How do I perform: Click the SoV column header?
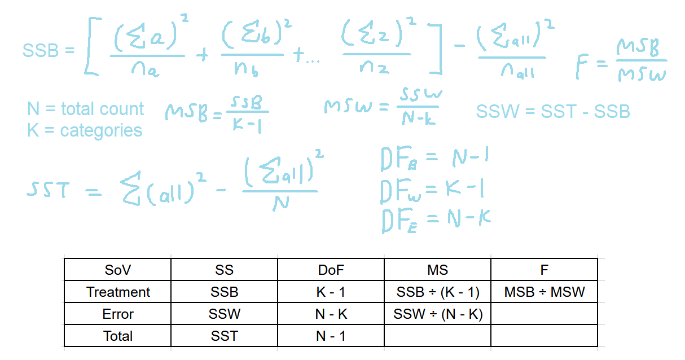click(117, 270)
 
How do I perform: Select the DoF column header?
click(331, 270)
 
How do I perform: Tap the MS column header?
click(437, 270)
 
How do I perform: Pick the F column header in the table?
click(544, 270)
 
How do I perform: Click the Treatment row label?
click(117, 292)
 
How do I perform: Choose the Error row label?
click(117, 314)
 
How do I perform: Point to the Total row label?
click(117, 336)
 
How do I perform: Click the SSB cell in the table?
click(224, 292)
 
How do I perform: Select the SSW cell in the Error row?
click(224, 314)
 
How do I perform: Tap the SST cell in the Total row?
click(224, 336)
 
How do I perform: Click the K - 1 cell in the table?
click(331, 292)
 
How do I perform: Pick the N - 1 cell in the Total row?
click(331, 336)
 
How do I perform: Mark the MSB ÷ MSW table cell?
click(544, 292)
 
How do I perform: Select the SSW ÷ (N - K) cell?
click(437, 314)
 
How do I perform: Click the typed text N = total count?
click(85, 108)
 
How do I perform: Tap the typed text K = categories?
click(84, 130)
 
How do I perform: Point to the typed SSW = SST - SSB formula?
click(552, 112)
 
